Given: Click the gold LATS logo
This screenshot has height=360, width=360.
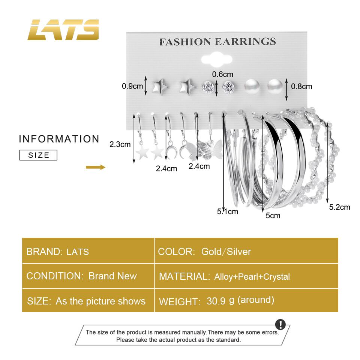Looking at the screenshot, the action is (63, 30).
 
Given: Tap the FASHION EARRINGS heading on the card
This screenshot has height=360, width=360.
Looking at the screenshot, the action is (217, 41).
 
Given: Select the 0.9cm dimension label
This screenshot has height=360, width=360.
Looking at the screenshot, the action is (132, 86).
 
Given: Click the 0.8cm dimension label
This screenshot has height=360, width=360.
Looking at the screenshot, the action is (301, 86).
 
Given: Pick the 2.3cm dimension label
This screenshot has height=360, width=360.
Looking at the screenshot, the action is (120, 144).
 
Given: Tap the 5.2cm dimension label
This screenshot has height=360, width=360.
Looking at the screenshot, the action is (339, 207).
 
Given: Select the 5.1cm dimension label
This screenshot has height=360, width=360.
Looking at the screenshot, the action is (227, 211).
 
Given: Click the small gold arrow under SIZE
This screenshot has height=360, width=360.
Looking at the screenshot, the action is (96, 167).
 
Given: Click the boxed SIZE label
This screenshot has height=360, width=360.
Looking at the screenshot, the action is (38, 155).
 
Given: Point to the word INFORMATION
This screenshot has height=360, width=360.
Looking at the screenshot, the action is (59, 139).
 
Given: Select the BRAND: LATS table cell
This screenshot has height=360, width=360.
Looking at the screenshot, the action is (88, 251).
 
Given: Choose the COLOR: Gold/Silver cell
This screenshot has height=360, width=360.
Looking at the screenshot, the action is (246, 251).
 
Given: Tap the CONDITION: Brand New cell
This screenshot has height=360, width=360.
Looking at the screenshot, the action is (88, 276).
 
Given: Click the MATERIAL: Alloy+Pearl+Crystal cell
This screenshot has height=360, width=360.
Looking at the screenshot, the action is (246, 276).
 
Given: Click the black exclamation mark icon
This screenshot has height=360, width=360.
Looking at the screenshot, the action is (280, 325).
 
